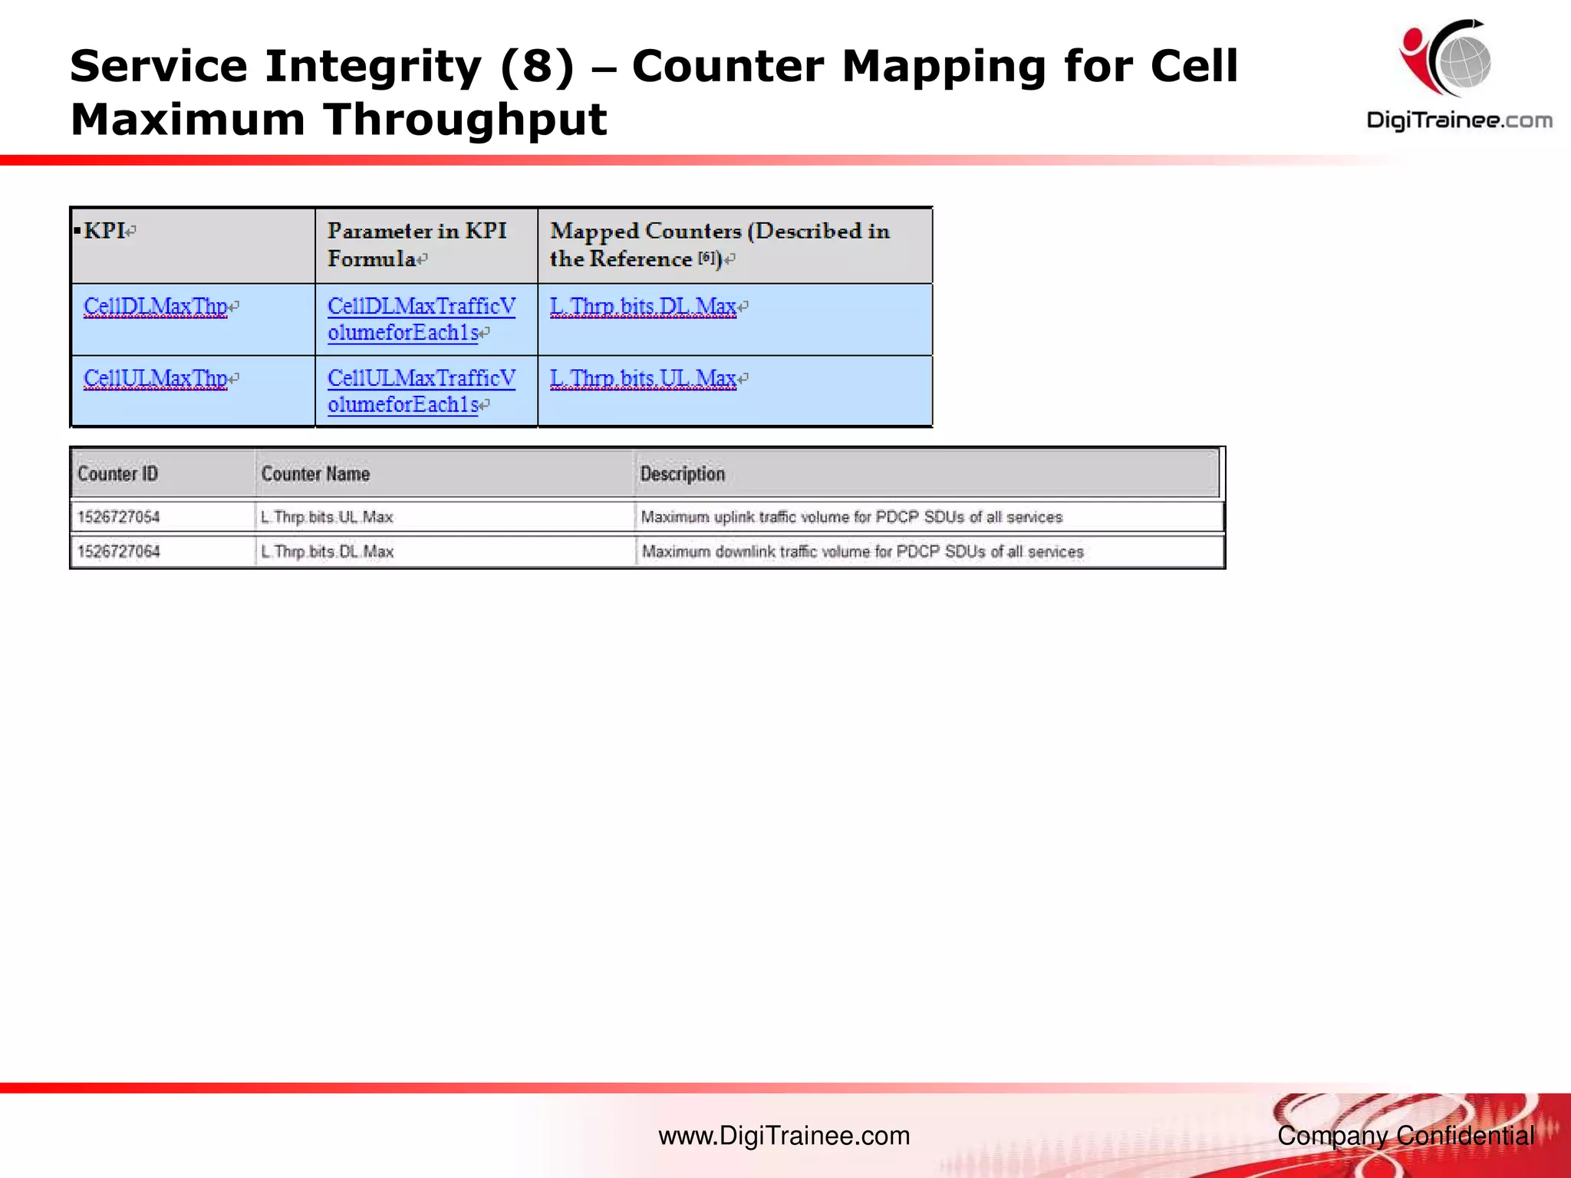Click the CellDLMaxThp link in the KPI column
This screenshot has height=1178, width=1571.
tap(156, 307)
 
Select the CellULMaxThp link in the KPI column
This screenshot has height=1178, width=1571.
tap(156, 379)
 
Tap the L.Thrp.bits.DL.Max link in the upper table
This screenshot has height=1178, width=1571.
tap(643, 307)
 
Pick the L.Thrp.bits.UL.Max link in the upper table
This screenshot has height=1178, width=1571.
tap(643, 379)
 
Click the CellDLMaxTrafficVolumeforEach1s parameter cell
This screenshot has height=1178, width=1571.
tap(421, 319)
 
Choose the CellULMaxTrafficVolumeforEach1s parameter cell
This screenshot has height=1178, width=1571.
tap(421, 391)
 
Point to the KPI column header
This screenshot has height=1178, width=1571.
tap(105, 231)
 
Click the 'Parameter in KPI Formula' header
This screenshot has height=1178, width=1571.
tap(417, 245)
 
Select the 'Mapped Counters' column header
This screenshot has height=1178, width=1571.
tap(719, 245)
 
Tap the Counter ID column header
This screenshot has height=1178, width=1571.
tap(117, 474)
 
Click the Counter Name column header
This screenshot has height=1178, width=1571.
tap(315, 474)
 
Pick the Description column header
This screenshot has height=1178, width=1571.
tap(682, 474)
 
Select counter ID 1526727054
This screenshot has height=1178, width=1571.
tap(118, 517)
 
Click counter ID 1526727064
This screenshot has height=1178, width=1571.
tap(118, 551)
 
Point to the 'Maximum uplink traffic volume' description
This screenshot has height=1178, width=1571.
tap(851, 517)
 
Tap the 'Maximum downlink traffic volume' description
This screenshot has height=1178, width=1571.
tap(862, 551)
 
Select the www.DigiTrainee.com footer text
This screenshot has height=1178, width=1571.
tap(784, 1136)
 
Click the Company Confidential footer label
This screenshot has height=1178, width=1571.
tap(1405, 1136)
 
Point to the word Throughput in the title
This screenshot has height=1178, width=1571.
tap(464, 120)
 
